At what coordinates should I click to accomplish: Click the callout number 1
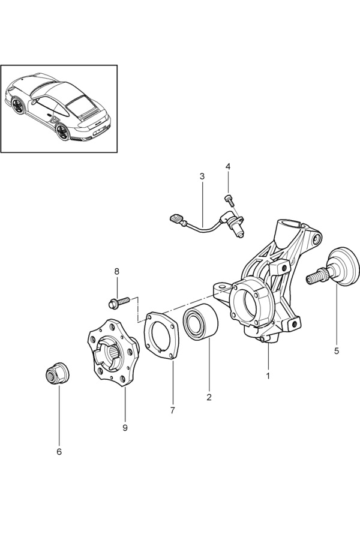tap(268, 376)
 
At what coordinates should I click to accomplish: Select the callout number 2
tap(209, 397)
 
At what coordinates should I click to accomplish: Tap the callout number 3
tap(202, 176)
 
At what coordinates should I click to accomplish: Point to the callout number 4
tap(228, 166)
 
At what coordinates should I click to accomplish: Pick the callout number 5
tap(337, 350)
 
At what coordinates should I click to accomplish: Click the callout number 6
tap(59, 451)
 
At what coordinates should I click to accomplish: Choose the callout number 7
tap(172, 410)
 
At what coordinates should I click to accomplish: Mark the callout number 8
tap(117, 271)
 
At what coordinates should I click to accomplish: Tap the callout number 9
tap(125, 427)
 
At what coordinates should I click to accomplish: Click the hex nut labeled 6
tap(58, 374)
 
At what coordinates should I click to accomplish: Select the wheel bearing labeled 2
tap(200, 322)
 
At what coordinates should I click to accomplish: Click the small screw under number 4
tap(228, 199)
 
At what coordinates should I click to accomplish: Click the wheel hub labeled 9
tap(113, 353)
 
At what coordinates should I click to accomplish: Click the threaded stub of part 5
tap(314, 278)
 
